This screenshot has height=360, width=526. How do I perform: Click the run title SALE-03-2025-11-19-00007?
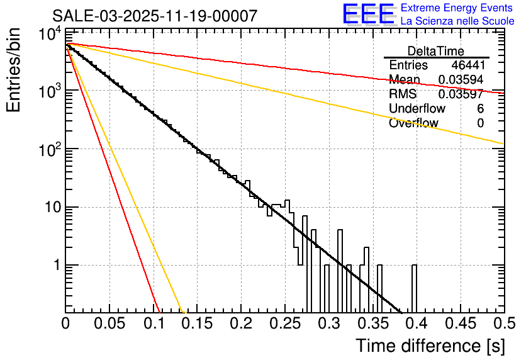click(x=155, y=16)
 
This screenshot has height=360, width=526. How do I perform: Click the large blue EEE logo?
click(x=367, y=15)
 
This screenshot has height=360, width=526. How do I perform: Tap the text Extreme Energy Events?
click(x=457, y=8)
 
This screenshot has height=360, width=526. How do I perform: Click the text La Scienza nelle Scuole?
click(x=457, y=21)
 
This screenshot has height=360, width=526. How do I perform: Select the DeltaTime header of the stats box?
click(x=436, y=51)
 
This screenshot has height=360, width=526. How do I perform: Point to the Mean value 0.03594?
click(x=461, y=80)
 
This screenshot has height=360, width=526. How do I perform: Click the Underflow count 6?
click(x=480, y=109)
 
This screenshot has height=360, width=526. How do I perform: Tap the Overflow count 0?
click(x=480, y=123)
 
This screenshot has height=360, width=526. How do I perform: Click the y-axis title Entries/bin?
click(x=14, y=70)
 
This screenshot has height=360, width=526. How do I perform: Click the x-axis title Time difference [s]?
click(x=429, y=346)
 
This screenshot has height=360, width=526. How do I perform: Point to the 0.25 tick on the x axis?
click(x=284, y=323)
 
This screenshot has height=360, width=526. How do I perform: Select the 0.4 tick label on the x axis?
click(x=415, y=323)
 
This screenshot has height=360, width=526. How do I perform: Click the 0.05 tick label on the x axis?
click(x=109, y=323)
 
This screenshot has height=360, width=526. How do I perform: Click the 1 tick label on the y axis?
click(x=55, y=266)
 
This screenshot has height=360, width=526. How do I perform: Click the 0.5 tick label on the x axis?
click(x=503, y=323)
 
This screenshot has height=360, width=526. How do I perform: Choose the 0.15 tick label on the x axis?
click(x=197, y=323)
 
